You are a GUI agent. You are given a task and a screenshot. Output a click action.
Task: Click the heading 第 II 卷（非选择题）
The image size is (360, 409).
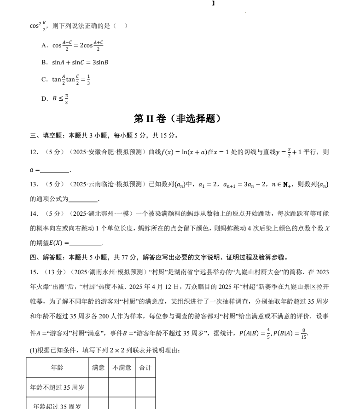pos(180,119)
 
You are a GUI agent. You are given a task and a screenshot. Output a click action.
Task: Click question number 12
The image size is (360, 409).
pos(34,152)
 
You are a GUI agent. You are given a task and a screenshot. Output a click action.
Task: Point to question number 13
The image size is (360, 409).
pos(34,184)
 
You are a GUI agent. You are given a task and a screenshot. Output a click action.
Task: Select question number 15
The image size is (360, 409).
pos(34,272)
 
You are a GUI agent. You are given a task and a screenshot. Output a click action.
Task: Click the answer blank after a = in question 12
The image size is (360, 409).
pos(54,170)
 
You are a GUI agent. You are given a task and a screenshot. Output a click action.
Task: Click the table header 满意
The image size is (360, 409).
pos(98,368)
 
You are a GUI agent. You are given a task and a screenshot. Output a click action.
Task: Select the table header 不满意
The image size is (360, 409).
pos(122,368)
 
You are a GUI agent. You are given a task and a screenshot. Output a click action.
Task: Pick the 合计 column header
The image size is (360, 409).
pos(145,368)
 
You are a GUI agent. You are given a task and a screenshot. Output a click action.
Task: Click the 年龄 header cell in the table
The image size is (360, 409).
pos(57,368)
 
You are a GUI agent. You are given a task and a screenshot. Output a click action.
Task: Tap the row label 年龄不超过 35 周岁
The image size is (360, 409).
pos(57,387)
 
